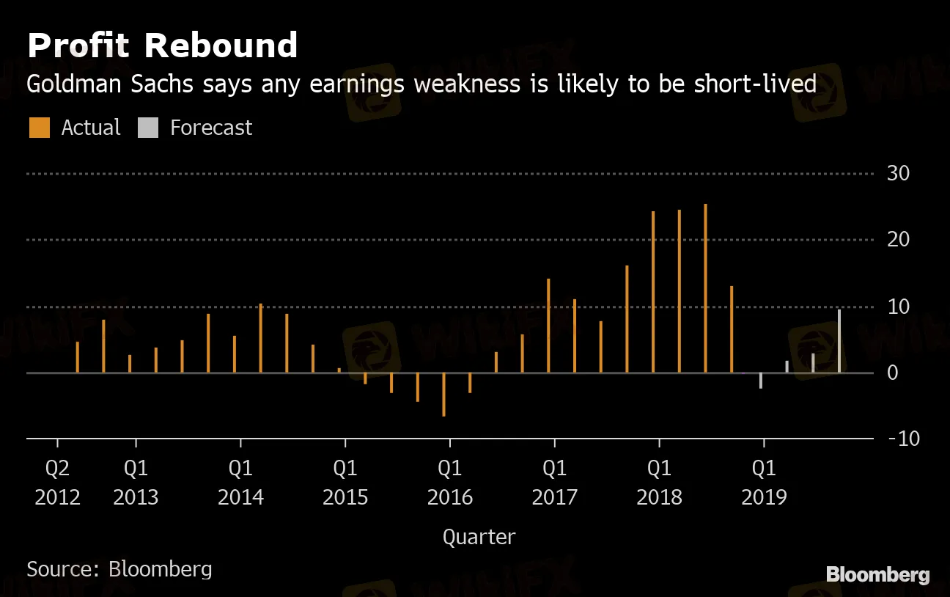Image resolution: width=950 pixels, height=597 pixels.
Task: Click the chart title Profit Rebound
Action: [162, 45]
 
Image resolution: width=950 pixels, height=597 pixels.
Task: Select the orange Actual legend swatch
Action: [39, 128]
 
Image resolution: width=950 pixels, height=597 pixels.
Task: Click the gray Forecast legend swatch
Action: [147, 128]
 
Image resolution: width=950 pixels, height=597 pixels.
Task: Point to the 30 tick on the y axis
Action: [898, 174]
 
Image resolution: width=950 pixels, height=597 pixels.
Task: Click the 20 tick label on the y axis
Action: [898, 240]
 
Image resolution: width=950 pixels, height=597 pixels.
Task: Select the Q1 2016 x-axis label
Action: [450, 482]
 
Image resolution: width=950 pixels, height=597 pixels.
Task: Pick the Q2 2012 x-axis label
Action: [57, 482]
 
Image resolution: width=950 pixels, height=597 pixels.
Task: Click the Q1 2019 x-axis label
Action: [764, 482]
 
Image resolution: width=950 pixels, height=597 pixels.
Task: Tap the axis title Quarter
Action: [479, 537]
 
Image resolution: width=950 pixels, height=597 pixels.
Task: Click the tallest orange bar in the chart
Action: [705, 288]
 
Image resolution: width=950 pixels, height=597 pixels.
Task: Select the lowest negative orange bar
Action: [443, 395]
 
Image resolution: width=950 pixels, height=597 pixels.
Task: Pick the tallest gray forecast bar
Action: [839, 341]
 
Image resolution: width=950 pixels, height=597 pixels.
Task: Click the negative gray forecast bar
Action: [761, 380]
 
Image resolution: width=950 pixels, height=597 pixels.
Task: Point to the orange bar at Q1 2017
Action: [548, 326]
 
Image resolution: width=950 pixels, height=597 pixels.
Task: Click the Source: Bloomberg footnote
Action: [119, 569]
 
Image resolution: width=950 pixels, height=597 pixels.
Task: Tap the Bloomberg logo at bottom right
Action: [877, 575]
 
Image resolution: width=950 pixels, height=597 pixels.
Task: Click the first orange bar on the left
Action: [77, 357]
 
